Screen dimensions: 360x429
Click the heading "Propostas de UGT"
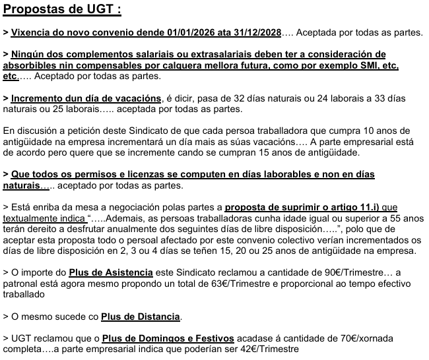(62, 11)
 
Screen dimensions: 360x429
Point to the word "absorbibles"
(29, 67)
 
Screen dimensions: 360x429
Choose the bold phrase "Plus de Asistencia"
(112, 272)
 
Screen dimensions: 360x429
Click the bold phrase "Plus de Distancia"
(141, 316)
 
